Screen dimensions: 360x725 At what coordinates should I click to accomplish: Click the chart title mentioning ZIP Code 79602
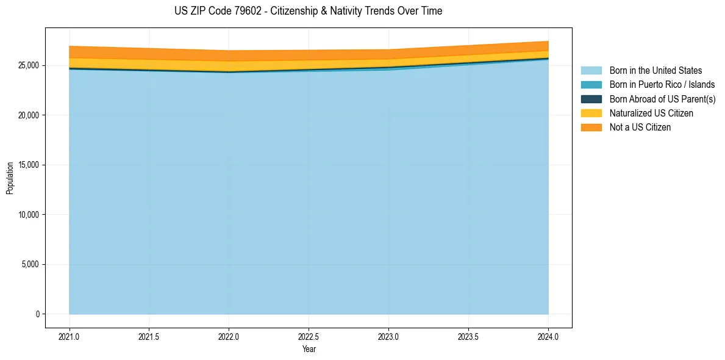pyautogui.click(x=308, y=11)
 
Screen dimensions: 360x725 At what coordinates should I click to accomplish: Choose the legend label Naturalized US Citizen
pyautogui.click(x=651, y=113)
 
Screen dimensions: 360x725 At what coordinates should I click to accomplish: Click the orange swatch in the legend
pyautogui.click(x=591, y=128)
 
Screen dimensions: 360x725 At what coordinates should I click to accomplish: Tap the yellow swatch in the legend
pyautogui.click(x=591, y=113)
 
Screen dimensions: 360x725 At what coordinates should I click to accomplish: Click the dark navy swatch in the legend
pyautogui.click(x=591, y=99)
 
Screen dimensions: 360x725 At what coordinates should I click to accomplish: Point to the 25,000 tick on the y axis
pyautogui.click(x=29, y=65)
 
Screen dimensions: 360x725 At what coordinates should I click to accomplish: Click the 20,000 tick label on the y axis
pyautogui.click(x=29, y=115)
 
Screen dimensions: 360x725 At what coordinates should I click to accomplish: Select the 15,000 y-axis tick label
pyautogui.click(x=29, y=165)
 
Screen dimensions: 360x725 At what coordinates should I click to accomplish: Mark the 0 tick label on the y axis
pyautogui.click(x=37, y=314)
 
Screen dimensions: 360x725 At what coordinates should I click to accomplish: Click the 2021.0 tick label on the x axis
pyautogui.click(x=70, y=336)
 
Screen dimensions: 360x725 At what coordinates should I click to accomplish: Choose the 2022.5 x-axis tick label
pyautogui.click(x=309, y=336)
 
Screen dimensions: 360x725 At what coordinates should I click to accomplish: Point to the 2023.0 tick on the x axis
pyautogui.click(x=388, y=336)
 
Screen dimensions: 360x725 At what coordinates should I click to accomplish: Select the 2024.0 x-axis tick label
pyautogui.click(x=548, y=336)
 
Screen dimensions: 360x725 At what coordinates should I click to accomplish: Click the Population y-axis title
pyautogui.click(x=10, y=178)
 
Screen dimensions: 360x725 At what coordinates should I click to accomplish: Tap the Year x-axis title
pyautogui.click(x=309, y=349)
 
